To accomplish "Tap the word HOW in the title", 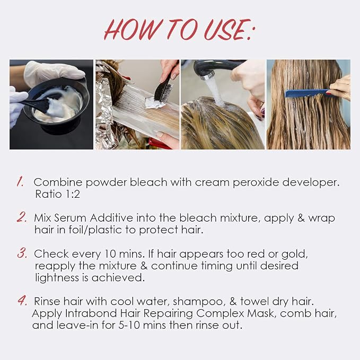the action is coord(134,29).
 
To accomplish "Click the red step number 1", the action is coord(20,182).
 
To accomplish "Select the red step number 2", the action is coord(22,217).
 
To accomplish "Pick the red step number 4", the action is coord(22,300).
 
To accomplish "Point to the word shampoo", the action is coord(198,302).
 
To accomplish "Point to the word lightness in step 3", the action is coord(57,278).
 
